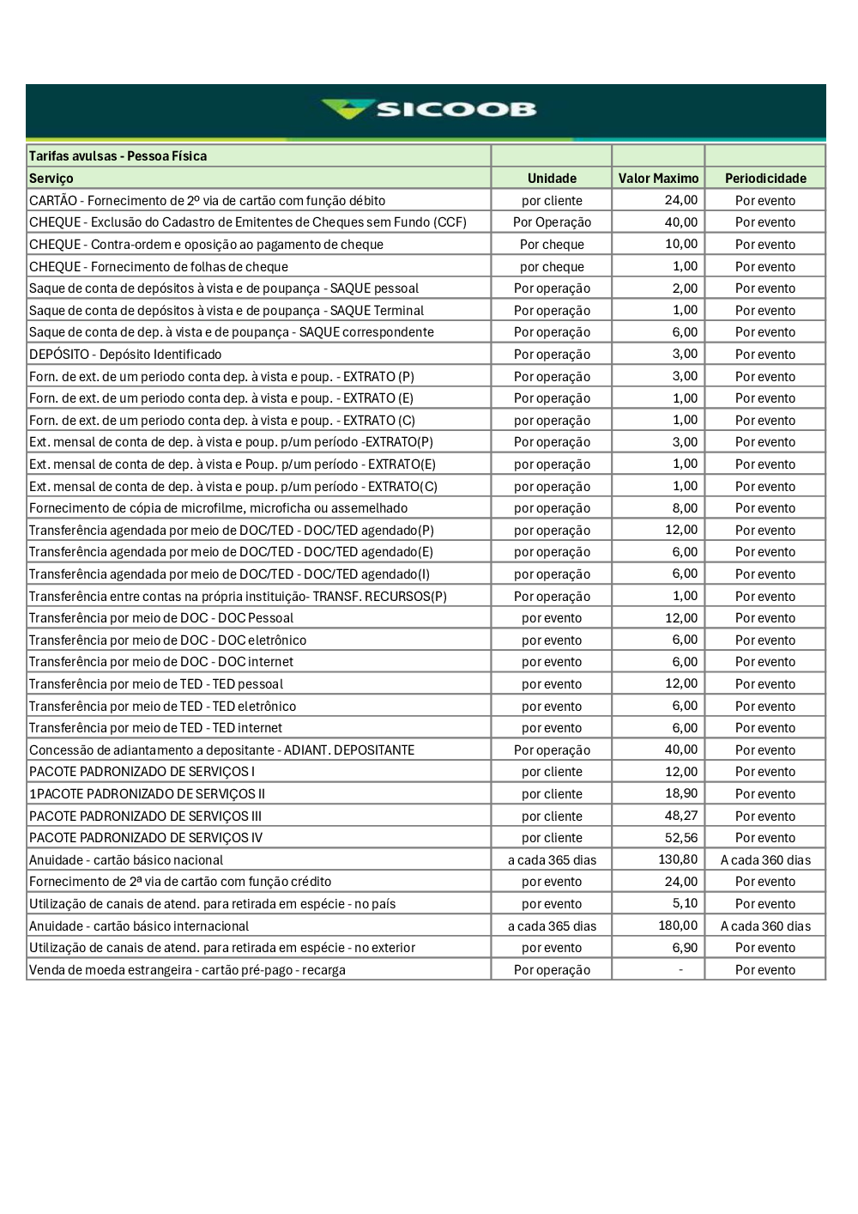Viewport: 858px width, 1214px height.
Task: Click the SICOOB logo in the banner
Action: [429, 109]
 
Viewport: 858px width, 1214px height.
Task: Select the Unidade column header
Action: [552, 179]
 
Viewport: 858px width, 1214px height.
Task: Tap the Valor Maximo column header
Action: [658, 179]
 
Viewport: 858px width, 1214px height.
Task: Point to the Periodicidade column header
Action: [765, 179]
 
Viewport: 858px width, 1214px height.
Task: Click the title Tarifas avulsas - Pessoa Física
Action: [118, 156]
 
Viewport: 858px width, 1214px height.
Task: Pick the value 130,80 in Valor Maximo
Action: [678, 859]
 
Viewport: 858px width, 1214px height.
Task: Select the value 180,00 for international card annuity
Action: [678, 926]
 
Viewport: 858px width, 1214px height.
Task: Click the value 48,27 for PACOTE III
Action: [681, 816]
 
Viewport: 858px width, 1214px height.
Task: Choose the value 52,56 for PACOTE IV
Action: [681, 838]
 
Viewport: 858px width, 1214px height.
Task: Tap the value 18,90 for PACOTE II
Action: [681, 793]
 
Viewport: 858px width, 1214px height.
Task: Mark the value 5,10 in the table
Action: [685, 903]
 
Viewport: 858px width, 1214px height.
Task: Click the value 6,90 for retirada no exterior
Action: [685, 948]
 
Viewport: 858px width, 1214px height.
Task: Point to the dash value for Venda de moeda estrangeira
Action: [681, 970]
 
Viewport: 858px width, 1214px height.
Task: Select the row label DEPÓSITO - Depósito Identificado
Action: [125, 355]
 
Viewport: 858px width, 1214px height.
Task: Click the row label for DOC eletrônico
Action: [168, 640]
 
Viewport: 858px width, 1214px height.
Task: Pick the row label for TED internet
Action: [156, 728]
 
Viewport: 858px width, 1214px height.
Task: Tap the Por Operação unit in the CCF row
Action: [552, 222]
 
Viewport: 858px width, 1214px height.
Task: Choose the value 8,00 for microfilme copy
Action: [685, 508]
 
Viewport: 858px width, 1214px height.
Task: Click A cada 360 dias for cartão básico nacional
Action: [765, 860]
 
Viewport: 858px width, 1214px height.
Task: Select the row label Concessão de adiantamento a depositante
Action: [222, 750]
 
